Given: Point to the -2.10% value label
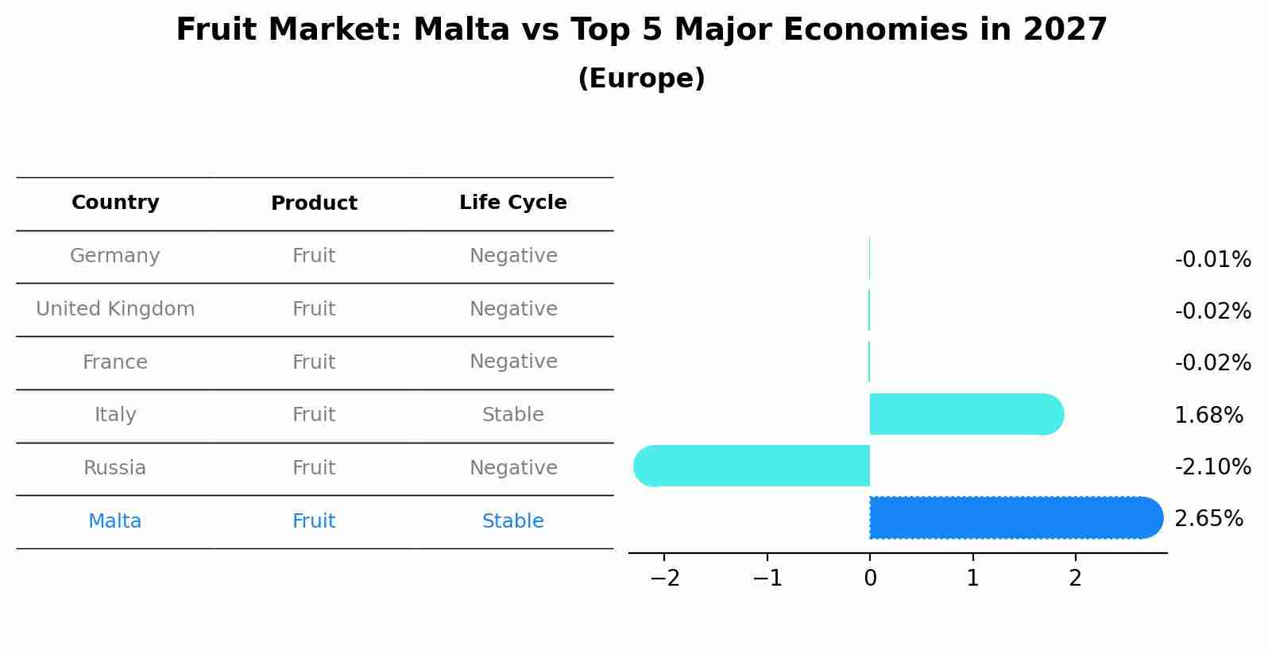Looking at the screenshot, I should (x=1212, y=466).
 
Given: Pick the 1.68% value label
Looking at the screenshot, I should (x=1208, y=415).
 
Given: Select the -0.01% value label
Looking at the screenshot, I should (x=1212, y=260).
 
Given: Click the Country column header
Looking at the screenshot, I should (x=115, y=203).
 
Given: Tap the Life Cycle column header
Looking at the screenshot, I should (x=512, y=203).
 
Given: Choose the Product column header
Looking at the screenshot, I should (x=314, y=203).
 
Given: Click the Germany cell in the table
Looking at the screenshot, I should (x=115, y=256).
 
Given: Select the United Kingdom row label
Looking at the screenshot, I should (x=115, y=309).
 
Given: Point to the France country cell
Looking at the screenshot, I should (x=115, y=362).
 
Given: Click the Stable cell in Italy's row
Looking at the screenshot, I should (x=512, y=415).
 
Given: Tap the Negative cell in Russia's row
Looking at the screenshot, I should (x=512, y=468).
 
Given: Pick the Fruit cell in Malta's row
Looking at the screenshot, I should (x=314, y=521).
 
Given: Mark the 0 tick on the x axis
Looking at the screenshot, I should (x=870, y=578).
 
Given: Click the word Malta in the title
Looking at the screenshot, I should (x=461, y=30).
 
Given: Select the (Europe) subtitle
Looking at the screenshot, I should (x=641, y=79).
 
